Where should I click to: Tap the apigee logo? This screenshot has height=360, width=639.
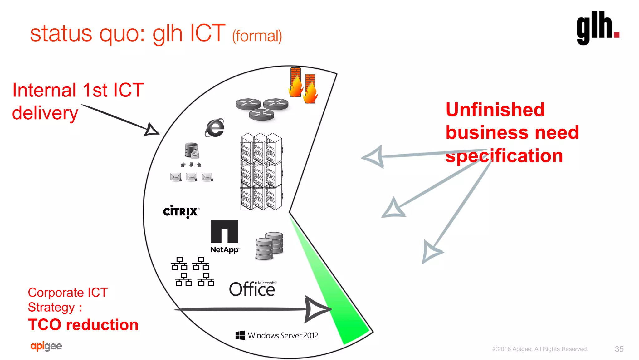click(x=46, y=346)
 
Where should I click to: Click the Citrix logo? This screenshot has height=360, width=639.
click(x=181, y=211)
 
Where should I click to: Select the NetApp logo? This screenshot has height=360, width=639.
click(x=224, y=236)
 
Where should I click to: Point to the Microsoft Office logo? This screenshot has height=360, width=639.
click(x=252, y=289)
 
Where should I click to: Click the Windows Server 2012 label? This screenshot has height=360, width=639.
click(x=277, y=335)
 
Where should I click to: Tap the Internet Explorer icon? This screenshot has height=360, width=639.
click(x=215, y=128)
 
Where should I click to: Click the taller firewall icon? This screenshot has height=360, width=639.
click(x=295, y=82)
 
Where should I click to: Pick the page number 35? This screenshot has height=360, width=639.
click(x=619, y=349)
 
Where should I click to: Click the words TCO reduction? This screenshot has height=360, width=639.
click(x=83, y=325)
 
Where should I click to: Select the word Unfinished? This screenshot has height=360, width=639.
click(x=495, y=110)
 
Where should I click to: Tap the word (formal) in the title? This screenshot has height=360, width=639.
click(x=257, y=36)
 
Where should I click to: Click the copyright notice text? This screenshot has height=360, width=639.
click(x=540, y=349)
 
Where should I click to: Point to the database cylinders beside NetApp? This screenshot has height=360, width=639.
click(x=269, y=246)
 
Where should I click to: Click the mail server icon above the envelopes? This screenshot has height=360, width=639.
click(x=191, y=150)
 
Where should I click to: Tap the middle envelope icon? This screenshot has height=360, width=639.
click(x=191, y=177)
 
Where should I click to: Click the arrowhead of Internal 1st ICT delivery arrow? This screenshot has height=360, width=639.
click(x=152, y=130)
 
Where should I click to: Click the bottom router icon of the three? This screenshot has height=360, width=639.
click(x=261, y=115)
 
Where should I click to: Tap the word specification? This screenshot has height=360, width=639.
click(x=504, y=156)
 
